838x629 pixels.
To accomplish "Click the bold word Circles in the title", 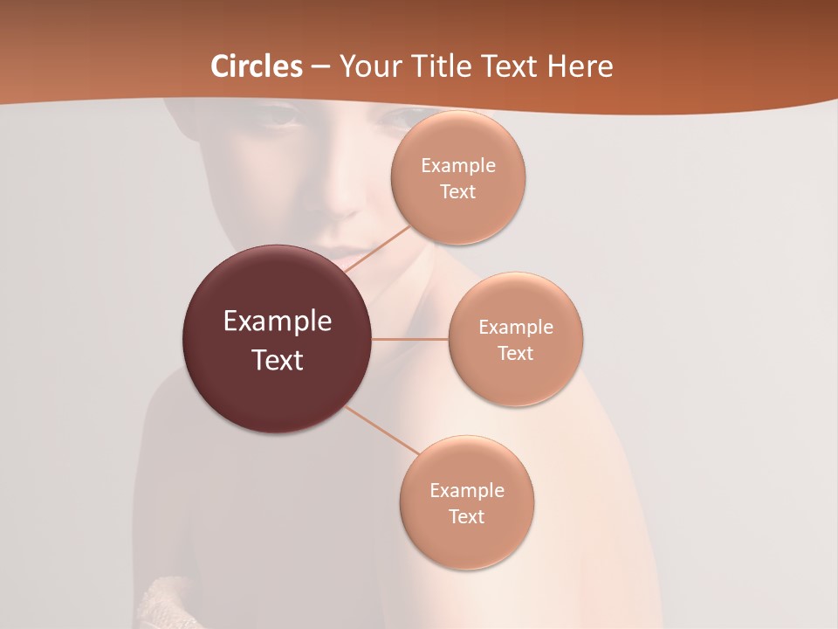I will tap(257, 66).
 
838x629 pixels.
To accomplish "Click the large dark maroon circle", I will tap(277, 384).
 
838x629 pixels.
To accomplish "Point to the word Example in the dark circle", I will tap(278, 321).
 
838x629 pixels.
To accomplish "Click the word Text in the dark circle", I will tap(278, 360).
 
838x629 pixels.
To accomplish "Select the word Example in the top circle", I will tap(458, 165).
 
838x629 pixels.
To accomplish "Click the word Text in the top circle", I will tap(458, 191).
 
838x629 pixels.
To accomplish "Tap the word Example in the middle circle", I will tap(516, 327).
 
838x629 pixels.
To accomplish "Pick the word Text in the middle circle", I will tap(516, 353).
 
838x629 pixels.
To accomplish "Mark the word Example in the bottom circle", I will tap(467, 490).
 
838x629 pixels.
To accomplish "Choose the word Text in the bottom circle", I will tap(467, 516).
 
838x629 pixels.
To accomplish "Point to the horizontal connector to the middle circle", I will tap(410, 339).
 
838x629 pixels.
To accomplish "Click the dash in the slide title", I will tap(320, 66).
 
